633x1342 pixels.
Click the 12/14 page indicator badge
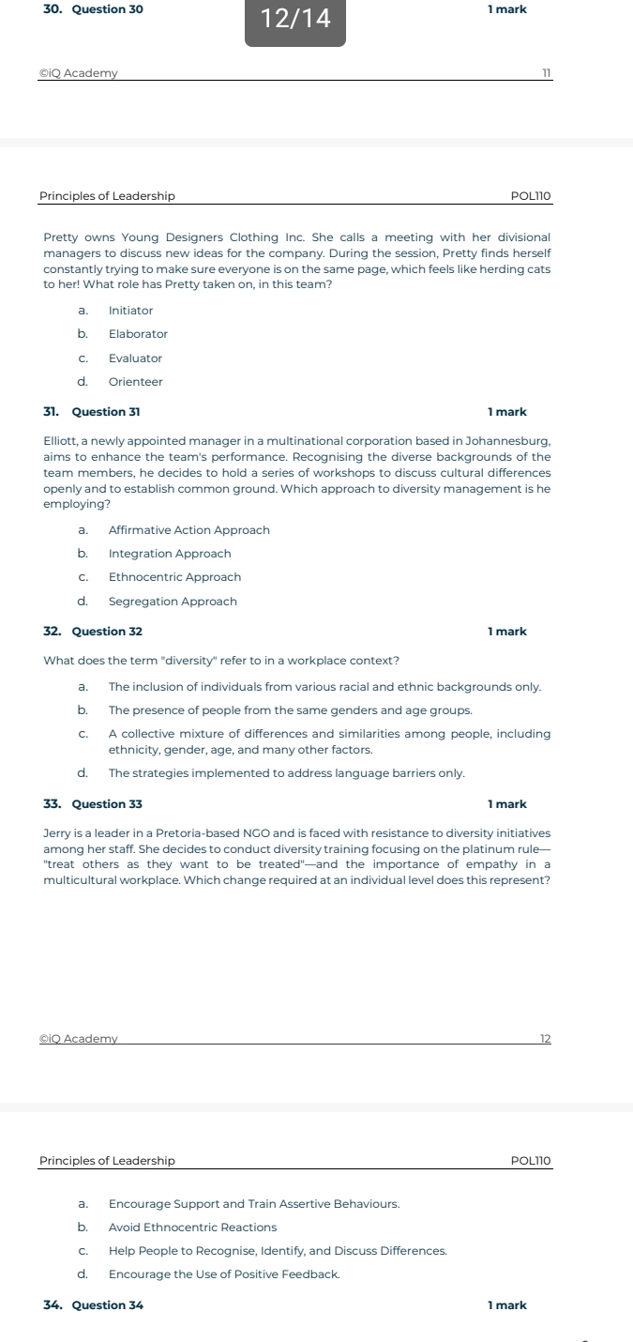[x=295, y=19]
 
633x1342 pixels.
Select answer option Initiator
[x=130, y=311]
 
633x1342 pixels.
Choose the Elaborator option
[x=138, y=334]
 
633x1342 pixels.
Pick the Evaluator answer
[x=135, y=358]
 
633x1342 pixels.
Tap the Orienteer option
[x=135, y=382]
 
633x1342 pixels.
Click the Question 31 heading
[x=107, y=412]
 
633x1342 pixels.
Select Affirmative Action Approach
[x=188, y=530]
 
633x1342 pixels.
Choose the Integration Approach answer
[x=170, y=554]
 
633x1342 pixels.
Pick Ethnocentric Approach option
[x=174, y=577]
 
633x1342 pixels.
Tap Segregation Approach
[x=173, y=602]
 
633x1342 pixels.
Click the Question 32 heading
[x=107, y=632]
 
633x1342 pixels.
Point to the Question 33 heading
[x=107, y=804]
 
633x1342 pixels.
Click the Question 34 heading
[x=107, y=1305]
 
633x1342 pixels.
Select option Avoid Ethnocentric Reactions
[x=192, y=1228]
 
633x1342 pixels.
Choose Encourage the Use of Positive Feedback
[x=224, y=1274]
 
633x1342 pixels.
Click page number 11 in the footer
[x=546, y=74]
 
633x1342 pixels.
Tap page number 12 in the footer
[x=546, y=1038]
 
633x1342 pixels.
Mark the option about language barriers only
[x=286, y=773]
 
